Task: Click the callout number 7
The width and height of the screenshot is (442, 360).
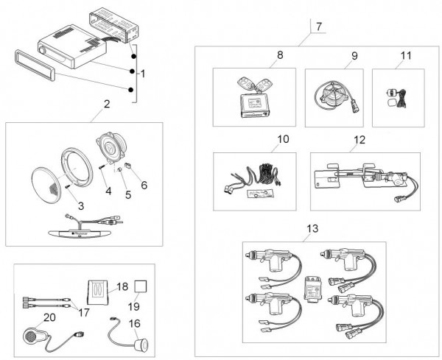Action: click(x=318, y=27)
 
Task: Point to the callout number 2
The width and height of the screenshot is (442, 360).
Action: click(x=106, y=103)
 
